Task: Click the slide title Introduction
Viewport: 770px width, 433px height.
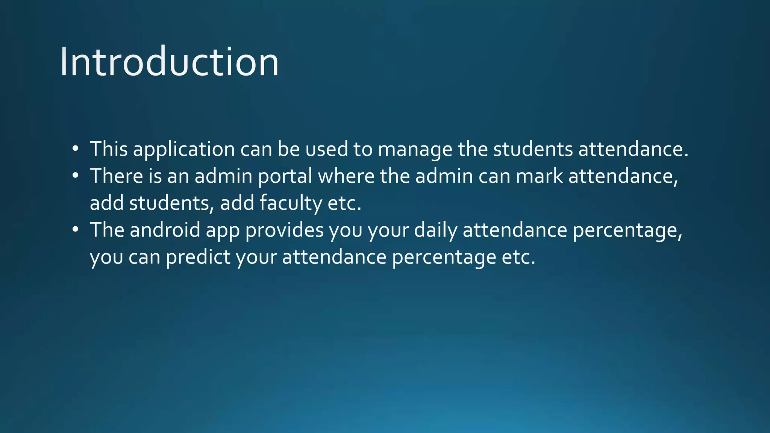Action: pyautogui.click(x=169, y=62)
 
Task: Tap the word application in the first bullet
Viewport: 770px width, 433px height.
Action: pyautogui.click(x=184, y=149)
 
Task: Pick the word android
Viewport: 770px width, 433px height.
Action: pyautogui.click(x=165, y=230)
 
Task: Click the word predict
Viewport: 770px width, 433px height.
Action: pyautogui.click(x=198, y=257)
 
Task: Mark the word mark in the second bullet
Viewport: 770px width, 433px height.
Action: pyautogui.click(x=539, y=176)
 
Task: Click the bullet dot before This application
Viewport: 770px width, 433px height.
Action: pyautogui.click(x=76, y=148)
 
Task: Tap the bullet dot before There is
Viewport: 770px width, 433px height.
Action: pyautogui.click(x=76, y=176)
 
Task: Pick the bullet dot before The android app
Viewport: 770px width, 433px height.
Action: pyautogui.click(x=76, y=229)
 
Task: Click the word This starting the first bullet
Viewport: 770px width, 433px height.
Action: pyautogui.click(x=109, y=149)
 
